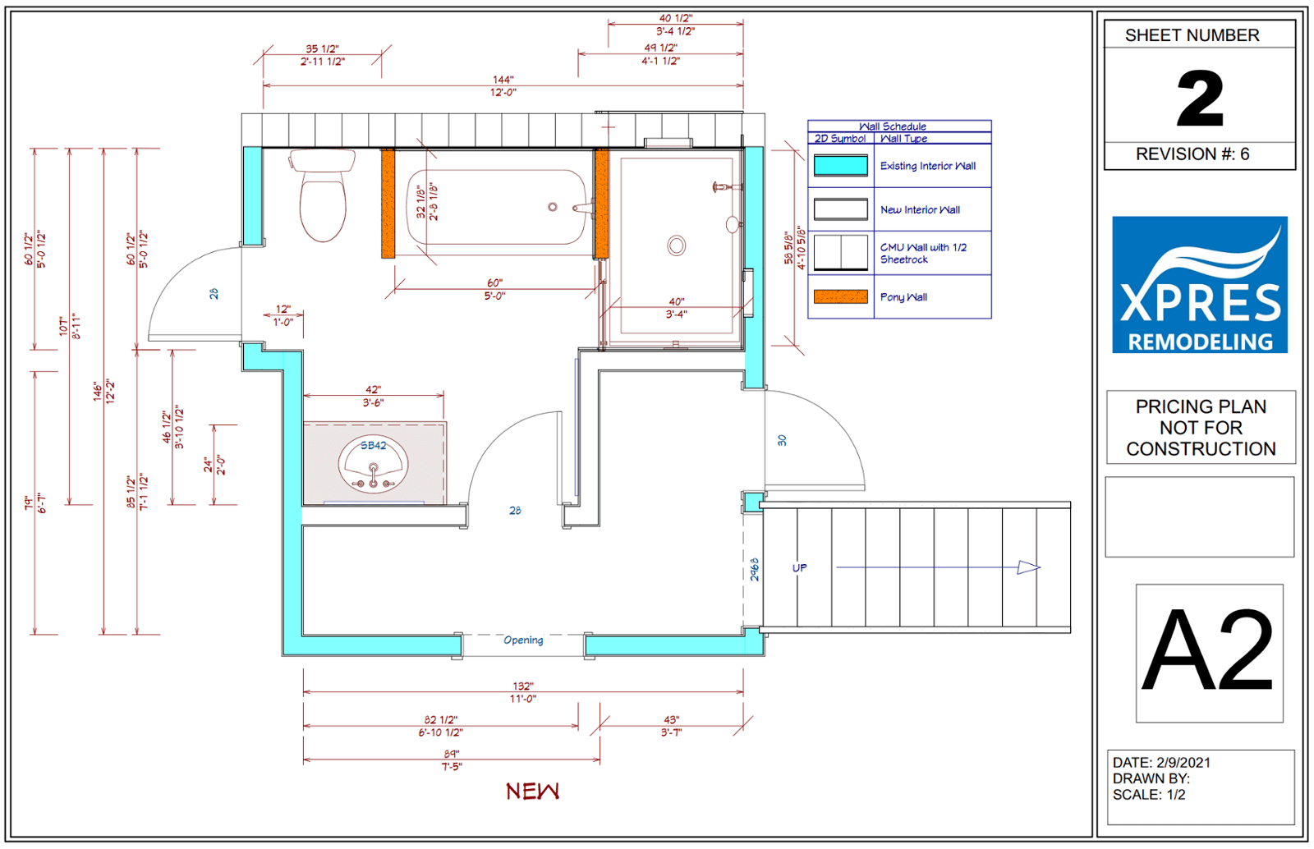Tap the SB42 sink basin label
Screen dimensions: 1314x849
click(x=373, y=446)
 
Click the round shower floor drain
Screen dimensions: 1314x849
click(x=677, y=246)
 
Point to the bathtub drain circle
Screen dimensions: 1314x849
click(x=553, y=207)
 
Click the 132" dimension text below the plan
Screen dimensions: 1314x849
click(x=522, y=686)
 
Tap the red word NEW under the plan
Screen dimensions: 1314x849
click(x=533, y=792)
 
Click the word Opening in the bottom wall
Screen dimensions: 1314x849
click(x=523, y=640)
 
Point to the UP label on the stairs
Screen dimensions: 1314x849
click(x=800, y=567)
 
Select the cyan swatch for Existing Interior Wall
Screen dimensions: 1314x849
click(x=841, y=165)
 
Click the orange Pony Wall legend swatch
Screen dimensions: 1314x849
click(x=841, y=296)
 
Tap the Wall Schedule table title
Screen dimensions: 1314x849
click(x=892, y=126)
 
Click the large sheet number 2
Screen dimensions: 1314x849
click(x=1200, y=99)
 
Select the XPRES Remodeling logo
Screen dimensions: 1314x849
click(x=1200, y=284)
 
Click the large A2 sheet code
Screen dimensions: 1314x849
click(x=1208, y=651)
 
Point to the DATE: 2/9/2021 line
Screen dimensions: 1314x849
click(x=1161, y=762)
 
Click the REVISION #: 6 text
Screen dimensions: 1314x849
click(x=1192, y=154)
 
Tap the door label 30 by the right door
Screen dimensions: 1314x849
click(x=782, y=440)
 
